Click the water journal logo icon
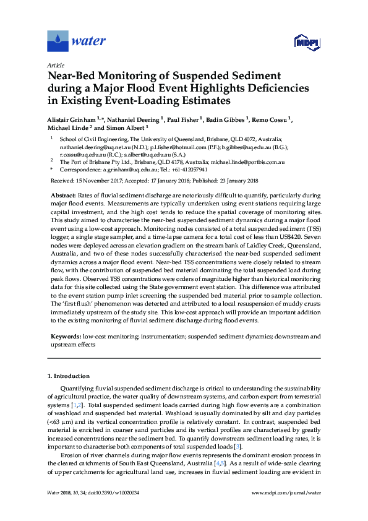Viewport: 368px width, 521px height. click(x=58, y=41)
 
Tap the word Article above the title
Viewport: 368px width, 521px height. click(x=55, y=65)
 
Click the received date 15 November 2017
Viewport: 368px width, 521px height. click(x=98, y=181)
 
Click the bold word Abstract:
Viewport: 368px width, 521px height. click(x=63, y=195)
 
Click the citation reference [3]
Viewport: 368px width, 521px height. click(x=237, y=446)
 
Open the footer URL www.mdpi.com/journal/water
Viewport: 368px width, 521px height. click(x=287, y=510)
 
